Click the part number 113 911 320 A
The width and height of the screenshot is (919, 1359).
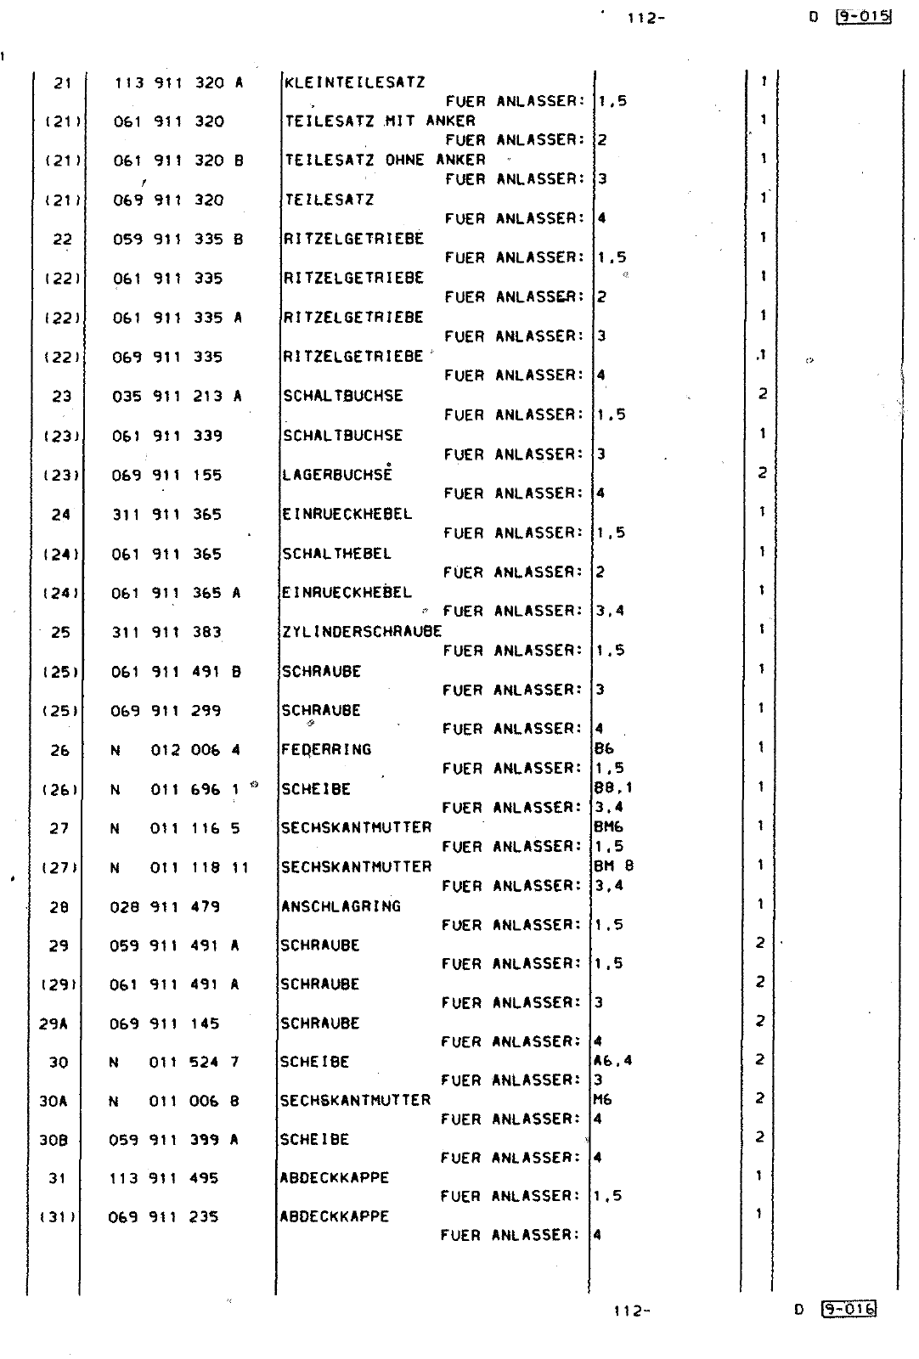click(178, 83)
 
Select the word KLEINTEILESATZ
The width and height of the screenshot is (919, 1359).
click(354, 82)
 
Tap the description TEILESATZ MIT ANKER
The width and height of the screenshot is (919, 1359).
click(380, 121)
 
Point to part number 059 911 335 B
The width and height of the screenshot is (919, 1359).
click(178, 240)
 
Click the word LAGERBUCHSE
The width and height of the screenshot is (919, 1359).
click(337, 475)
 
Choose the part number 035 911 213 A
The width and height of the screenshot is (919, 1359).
click(178, 396)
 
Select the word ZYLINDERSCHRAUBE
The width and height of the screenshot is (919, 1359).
click(362, 631)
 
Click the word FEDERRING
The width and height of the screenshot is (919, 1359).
click(326, 749)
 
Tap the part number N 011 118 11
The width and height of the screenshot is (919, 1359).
click(179, 867)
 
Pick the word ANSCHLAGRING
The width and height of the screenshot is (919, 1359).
click(341, 906)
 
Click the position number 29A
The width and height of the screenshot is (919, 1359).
click(54, 1023)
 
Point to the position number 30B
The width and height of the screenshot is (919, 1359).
click(53, 1140)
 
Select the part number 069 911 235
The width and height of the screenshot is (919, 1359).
click(163, 1217)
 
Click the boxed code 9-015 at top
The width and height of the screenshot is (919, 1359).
click(863, 16)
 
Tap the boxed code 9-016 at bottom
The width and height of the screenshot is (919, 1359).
click(849, 1309)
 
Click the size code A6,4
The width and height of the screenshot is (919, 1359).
click(612, 1060)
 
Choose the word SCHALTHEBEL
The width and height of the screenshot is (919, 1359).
click(336, 554)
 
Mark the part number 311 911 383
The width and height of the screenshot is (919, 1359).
click(166, 632)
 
